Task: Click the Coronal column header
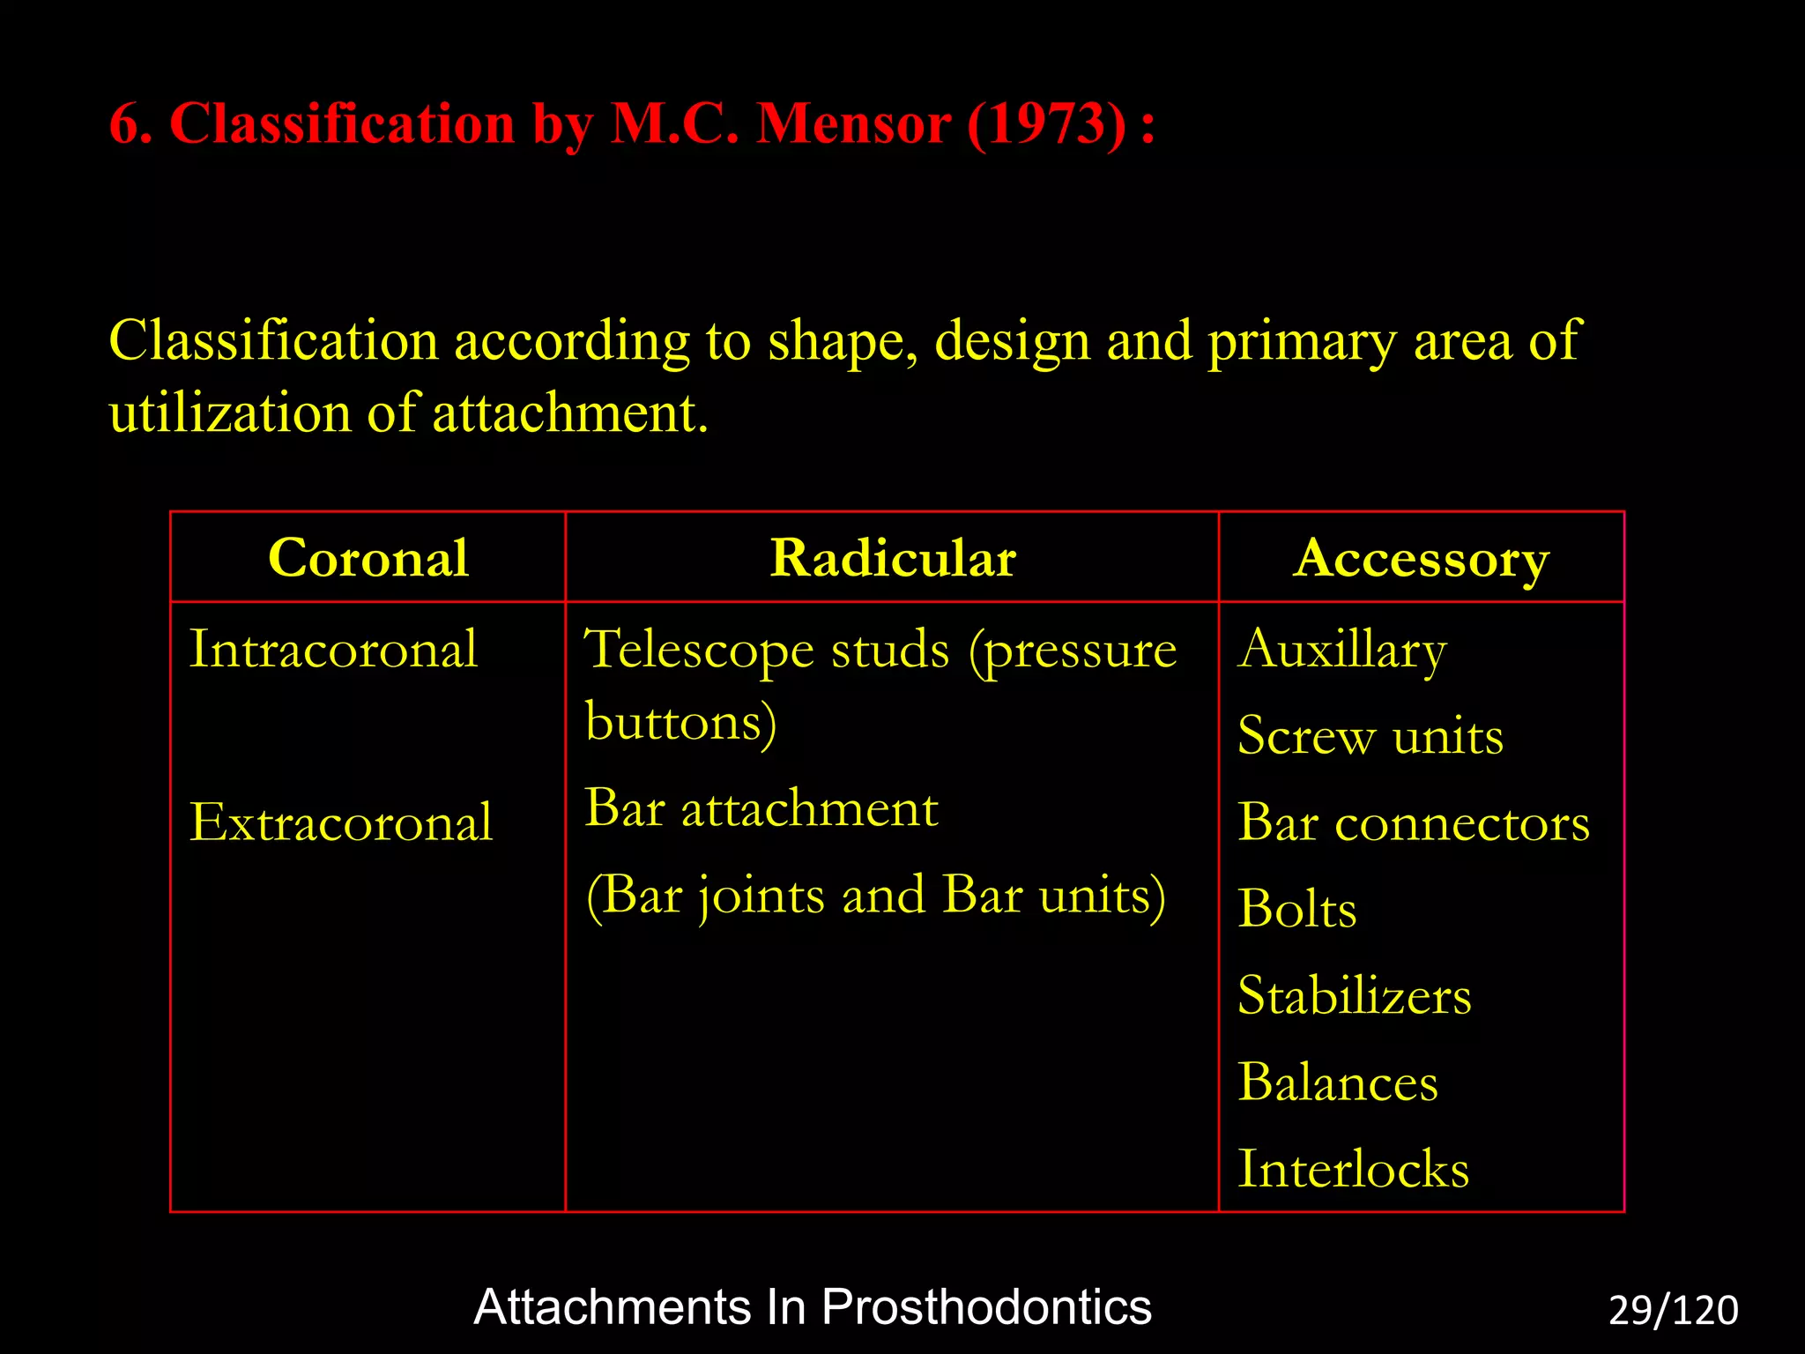pyautogui.click(x=368, y=559)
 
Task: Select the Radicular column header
pyautogui.click(x=893, y=559)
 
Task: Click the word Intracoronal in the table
pyautogui.click(x=333, y=650)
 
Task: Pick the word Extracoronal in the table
pyautogui.click(x=341, y=822)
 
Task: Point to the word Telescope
pyautogui.click(x=701, y=651)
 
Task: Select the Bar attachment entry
pyautogui.click(x=761, y=808)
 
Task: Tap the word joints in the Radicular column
pyautogui.click(x=763, y=896)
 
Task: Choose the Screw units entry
pyautogui.click(x=1370, y=736)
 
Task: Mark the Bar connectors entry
pyautogui.click(x=1413, y=823)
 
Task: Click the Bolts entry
pyautogui.click(x=1296, y=909)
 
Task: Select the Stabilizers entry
pyautogui.click(x=1354, y=996)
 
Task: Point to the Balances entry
pyautogui.click(x=1337, y=1082)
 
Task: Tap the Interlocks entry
pyautogui.click(x=1353, y=1170)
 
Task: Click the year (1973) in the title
pyautogui.click(x=1046, y=123)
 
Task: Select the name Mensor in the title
pyautogui.click(x=853, y=123)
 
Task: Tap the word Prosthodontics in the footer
pyautogui.click(x=986, y=1307)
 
